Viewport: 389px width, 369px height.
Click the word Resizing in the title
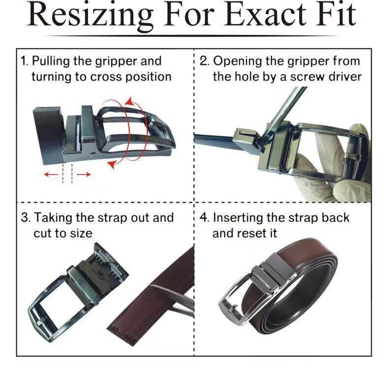[x=90, y=15]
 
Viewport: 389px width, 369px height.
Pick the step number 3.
[x=25, y=217]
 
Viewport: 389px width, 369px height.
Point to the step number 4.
[x=205, y=217]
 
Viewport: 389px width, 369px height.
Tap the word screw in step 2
[x=307, y=77]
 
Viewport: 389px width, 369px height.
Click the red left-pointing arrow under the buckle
[x=51, y=175]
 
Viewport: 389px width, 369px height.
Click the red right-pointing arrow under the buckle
[x=84, y=175]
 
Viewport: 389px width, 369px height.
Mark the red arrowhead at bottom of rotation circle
[x=113, y=164]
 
